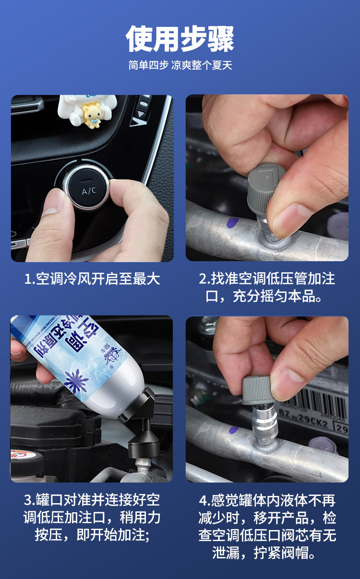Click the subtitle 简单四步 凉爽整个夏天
[180, 65]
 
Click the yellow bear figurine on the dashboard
[91, 116]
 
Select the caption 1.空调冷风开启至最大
[92, 279]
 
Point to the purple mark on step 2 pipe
[232, 223]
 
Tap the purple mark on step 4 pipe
[234, 430]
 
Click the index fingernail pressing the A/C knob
[54, 202]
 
